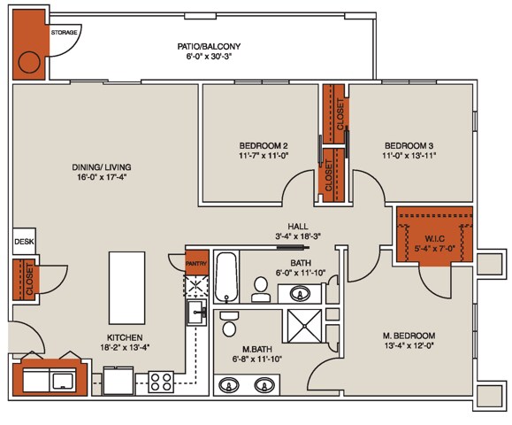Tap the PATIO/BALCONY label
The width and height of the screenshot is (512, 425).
pyautogui.click(x=209, y=46)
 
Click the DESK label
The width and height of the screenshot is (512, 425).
pyautogui.click(x=24, y=241)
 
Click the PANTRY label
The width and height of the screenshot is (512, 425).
pyautogui.click(x=195, y=260)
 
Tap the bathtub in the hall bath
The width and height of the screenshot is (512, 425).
pyautogui.click(x=227, y=277)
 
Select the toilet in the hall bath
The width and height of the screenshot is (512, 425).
pyautogui.click(x=260, y=286)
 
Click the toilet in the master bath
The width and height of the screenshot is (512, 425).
pyautogui.click(x=229, y=316)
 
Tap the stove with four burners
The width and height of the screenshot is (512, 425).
pyautogui.click(x=162, y=382)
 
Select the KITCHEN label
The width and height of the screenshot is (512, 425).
pyautogui.click(x=126, y=337)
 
